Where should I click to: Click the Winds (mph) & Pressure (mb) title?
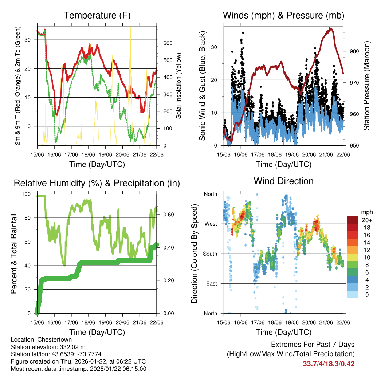pos(283,16)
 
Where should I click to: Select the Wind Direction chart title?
pos(283,181)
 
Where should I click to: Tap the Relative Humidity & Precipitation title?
pos(97,183)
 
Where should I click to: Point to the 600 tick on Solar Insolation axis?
pos(167,43)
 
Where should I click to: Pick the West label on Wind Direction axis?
pos(211,224)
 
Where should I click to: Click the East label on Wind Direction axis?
pos(211,283)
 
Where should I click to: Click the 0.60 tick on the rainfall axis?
pos(166,215)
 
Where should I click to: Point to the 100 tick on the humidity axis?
pos(27,194)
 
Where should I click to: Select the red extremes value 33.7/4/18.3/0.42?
pos(328,364)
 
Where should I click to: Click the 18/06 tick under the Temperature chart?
pos(89,155)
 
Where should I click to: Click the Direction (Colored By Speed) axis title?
pos(194,253)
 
